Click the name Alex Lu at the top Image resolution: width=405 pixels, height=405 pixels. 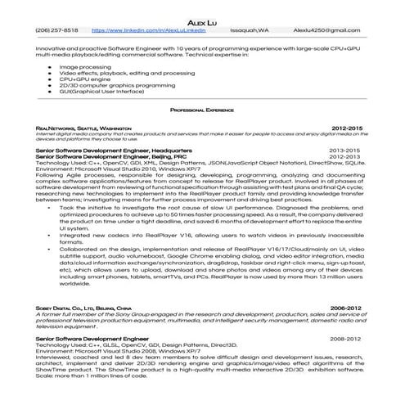coord(202,20)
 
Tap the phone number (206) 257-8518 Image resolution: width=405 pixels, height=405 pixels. coord(57,29)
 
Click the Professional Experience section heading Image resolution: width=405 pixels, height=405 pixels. coord(202,109)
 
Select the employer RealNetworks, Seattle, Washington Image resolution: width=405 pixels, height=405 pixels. coord(83,128)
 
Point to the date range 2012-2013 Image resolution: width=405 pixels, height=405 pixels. coord(344,157)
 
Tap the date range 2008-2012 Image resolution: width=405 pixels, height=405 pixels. coord(344,337)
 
